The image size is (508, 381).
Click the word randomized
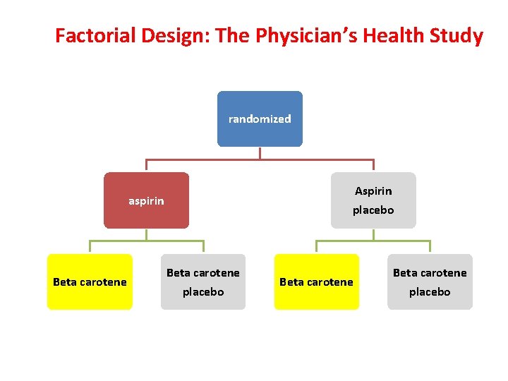point(260,119)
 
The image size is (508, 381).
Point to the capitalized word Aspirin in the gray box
point(373,191)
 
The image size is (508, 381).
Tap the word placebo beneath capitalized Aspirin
point(373,210)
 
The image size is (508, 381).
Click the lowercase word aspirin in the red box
point(146,201)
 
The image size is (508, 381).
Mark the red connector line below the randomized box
point(260,159)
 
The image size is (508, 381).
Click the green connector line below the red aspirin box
point(146,241)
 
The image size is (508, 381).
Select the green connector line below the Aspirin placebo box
point(373,241)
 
